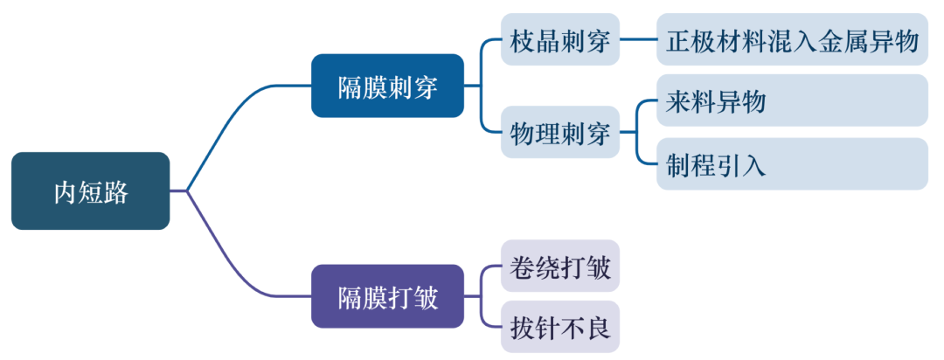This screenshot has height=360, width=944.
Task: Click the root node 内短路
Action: [x=90, y=191]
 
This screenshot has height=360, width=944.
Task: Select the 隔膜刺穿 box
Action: [x=387, y=86]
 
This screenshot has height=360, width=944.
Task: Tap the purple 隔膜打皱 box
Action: [x=387, y=297]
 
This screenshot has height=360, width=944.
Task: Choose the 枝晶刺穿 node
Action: [x=559, y=39]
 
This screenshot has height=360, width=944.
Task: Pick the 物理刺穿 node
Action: [x=559, y=132]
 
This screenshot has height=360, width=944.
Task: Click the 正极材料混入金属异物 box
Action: [x=792, y=39]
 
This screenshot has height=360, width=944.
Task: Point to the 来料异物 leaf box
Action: [x=792, y=100]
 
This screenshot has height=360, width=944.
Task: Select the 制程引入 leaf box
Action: [x=792, y=163]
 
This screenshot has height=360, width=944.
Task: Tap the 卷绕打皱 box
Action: [x=559, y=266]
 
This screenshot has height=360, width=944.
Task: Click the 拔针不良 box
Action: [x=559, y=327]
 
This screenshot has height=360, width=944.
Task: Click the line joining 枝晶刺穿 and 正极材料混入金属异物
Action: [x=638, y=39]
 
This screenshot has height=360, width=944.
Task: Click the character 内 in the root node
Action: [x=66, y=192]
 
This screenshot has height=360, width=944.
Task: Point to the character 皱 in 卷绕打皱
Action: [x=598, y=267]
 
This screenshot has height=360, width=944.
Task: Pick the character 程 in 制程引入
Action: [x=704, y=164]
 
